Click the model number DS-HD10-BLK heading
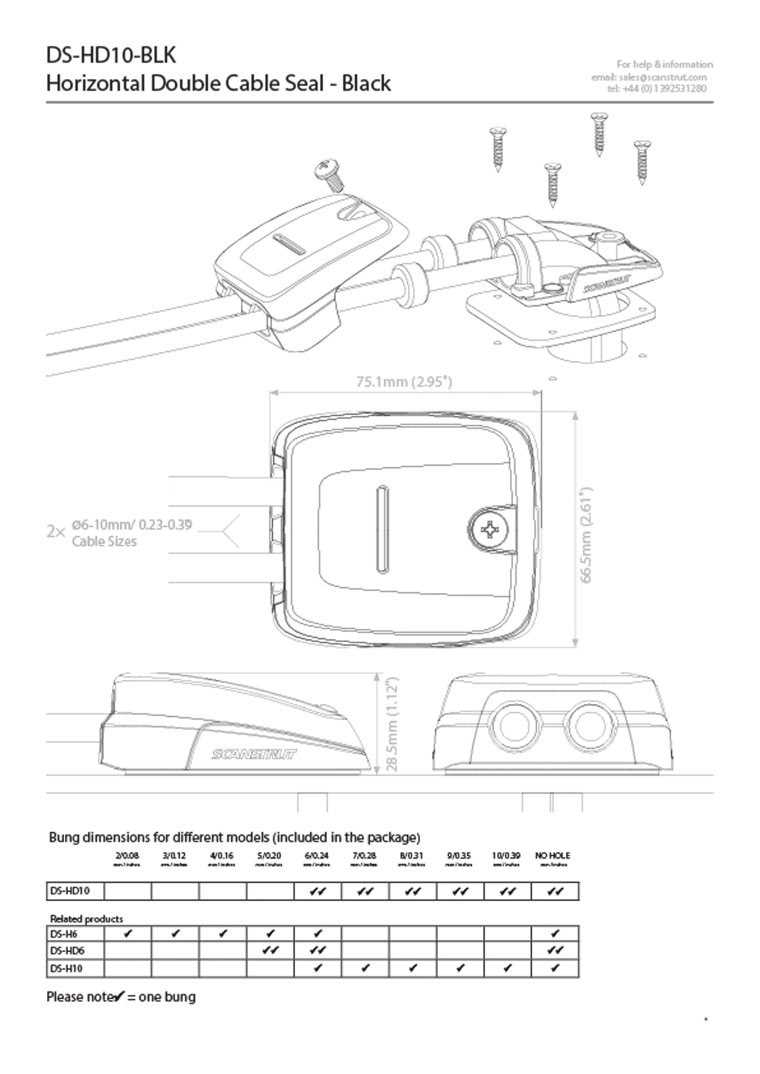(112, 57)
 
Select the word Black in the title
(366, 84)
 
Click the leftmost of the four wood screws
(497, 149)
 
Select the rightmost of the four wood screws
(642, 161)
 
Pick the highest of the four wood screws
(598, 134)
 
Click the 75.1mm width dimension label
(404, 381)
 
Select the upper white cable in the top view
(224, 492)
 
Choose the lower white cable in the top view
(224, 567)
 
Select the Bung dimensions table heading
(233, 837)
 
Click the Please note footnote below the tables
(122, 996)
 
